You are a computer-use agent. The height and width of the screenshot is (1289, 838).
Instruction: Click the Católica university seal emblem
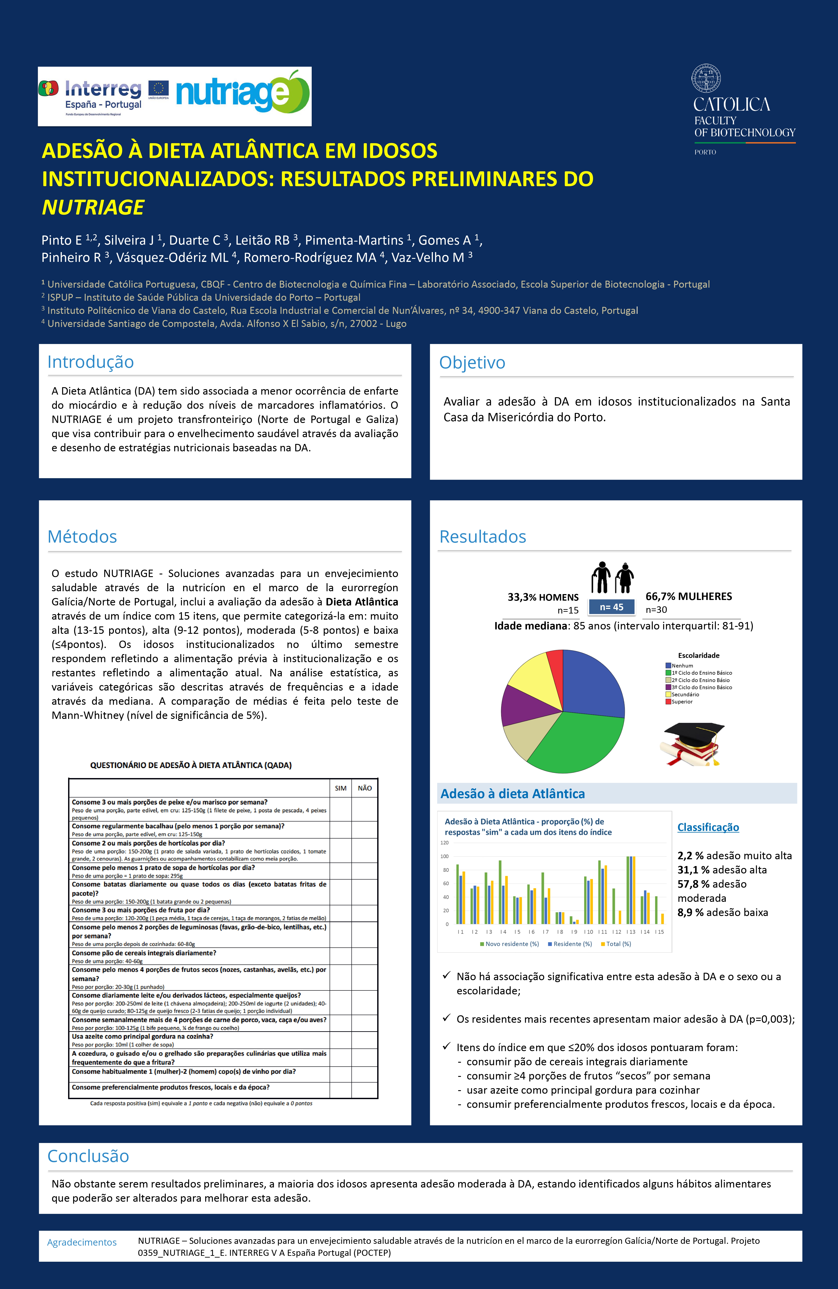click(x=706, y=79)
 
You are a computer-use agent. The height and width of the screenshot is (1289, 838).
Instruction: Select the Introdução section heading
click(x=90, y=362)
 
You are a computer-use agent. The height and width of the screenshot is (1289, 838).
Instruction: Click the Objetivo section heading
click(x=472, y=362)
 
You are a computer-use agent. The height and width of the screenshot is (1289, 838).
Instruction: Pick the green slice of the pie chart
click(x=574, y=742)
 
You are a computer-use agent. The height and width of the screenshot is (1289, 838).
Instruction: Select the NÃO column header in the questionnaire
click(x=365, y=788)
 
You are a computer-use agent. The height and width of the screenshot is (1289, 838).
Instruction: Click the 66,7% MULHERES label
click(x=688, y=596)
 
